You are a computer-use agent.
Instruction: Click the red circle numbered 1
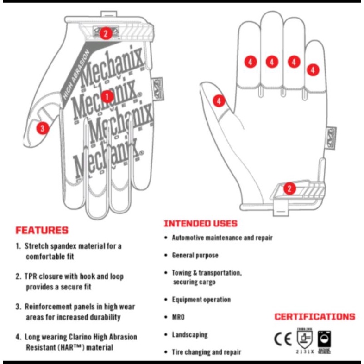tap(107, 96)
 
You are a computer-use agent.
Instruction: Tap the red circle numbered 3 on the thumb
tap(43, 128)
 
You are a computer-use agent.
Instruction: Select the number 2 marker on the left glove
tap(105, 33)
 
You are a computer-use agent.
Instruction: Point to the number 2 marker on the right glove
tap(289, 188)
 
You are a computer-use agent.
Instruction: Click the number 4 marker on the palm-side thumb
tap(219, 100)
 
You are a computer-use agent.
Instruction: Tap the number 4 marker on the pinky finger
tap(313, 70)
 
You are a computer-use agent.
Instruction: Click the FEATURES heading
tap(42, 230)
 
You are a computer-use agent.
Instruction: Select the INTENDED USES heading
tap(200, 224)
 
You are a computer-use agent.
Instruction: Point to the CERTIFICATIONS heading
tap(315, 317)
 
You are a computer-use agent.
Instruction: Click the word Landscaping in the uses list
tap(190, 334)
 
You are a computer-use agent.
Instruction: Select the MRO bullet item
tap(178, 317)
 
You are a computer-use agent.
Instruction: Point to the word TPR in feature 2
tap(32, 276)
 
